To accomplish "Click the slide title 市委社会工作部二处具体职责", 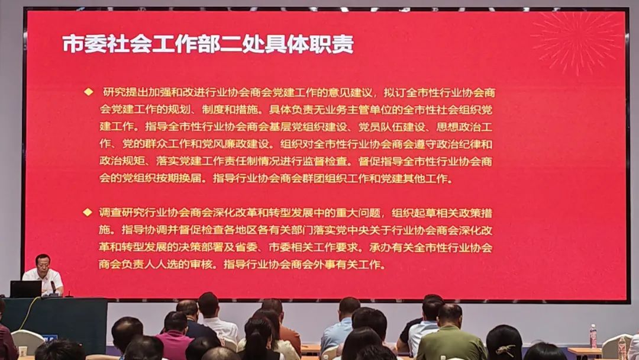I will [208, 44].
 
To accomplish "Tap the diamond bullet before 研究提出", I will [89, 92].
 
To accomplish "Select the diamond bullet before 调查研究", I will [88, 212].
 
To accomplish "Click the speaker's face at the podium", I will [43, 262].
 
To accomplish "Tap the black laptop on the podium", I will [26, 289].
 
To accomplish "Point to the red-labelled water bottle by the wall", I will [593, 336].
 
